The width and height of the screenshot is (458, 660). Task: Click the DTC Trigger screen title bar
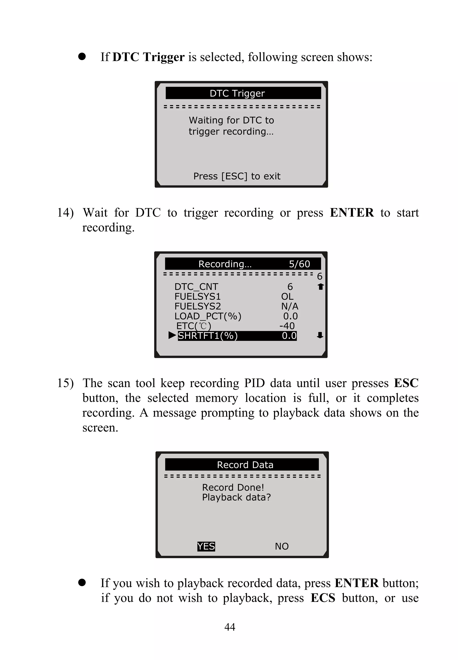click(x=243, y=93)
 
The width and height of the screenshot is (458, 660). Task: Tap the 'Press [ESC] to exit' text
click(x=237, y=176)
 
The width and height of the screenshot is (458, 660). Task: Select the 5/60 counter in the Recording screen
click(x=299, y=264)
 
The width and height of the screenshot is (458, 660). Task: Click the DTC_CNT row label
click(x=196, y=286)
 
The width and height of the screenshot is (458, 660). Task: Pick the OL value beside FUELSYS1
click(x=287, y=296)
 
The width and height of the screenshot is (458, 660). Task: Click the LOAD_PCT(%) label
click(x=208, y=316)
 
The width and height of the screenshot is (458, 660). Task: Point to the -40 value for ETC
click(x=287, y=326)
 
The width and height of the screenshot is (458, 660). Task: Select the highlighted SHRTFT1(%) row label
click(x=208, y=336)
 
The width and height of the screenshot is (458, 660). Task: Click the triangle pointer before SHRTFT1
click(x=172, y=335)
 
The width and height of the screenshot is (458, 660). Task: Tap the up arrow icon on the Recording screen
click(x=320, y=286)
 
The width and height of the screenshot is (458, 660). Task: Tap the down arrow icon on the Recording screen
click(x=320, y=335)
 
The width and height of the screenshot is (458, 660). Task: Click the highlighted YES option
click(x=206, y=546)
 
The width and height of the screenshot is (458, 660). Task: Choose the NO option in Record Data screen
click(x=282, y=546)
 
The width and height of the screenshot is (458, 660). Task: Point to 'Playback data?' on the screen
click(x=236, y=497)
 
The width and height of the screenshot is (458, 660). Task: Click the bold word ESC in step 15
click(x=406, y=383)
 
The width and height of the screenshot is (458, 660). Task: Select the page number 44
click(x=230, y=627)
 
